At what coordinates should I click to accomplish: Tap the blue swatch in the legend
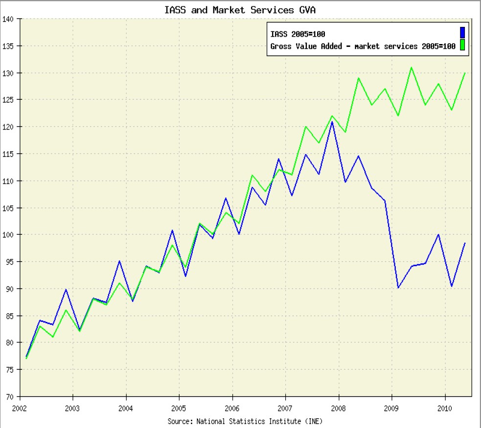click(x=461, y=33)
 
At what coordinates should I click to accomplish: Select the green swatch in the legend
click(x=461, y=46)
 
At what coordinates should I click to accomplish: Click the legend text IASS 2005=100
click(x=298, y=34)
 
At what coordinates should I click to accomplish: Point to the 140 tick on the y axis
click(x=10, y=19)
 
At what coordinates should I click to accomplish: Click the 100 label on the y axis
click(x=10, y=235)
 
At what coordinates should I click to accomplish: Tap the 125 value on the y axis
click(x=10, y=100)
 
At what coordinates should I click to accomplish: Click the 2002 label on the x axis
click(x=20, y=408)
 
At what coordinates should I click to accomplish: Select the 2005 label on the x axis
click(x=179, y=408)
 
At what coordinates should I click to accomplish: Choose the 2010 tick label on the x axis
click(x=445, y=408)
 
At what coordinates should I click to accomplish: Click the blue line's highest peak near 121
click(x=332, y=121)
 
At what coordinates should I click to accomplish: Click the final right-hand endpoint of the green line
click(x=464, y=73)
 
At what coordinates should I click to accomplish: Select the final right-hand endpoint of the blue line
click(x=464, y=243)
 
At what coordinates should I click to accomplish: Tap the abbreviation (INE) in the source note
click(x=313, y=420)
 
